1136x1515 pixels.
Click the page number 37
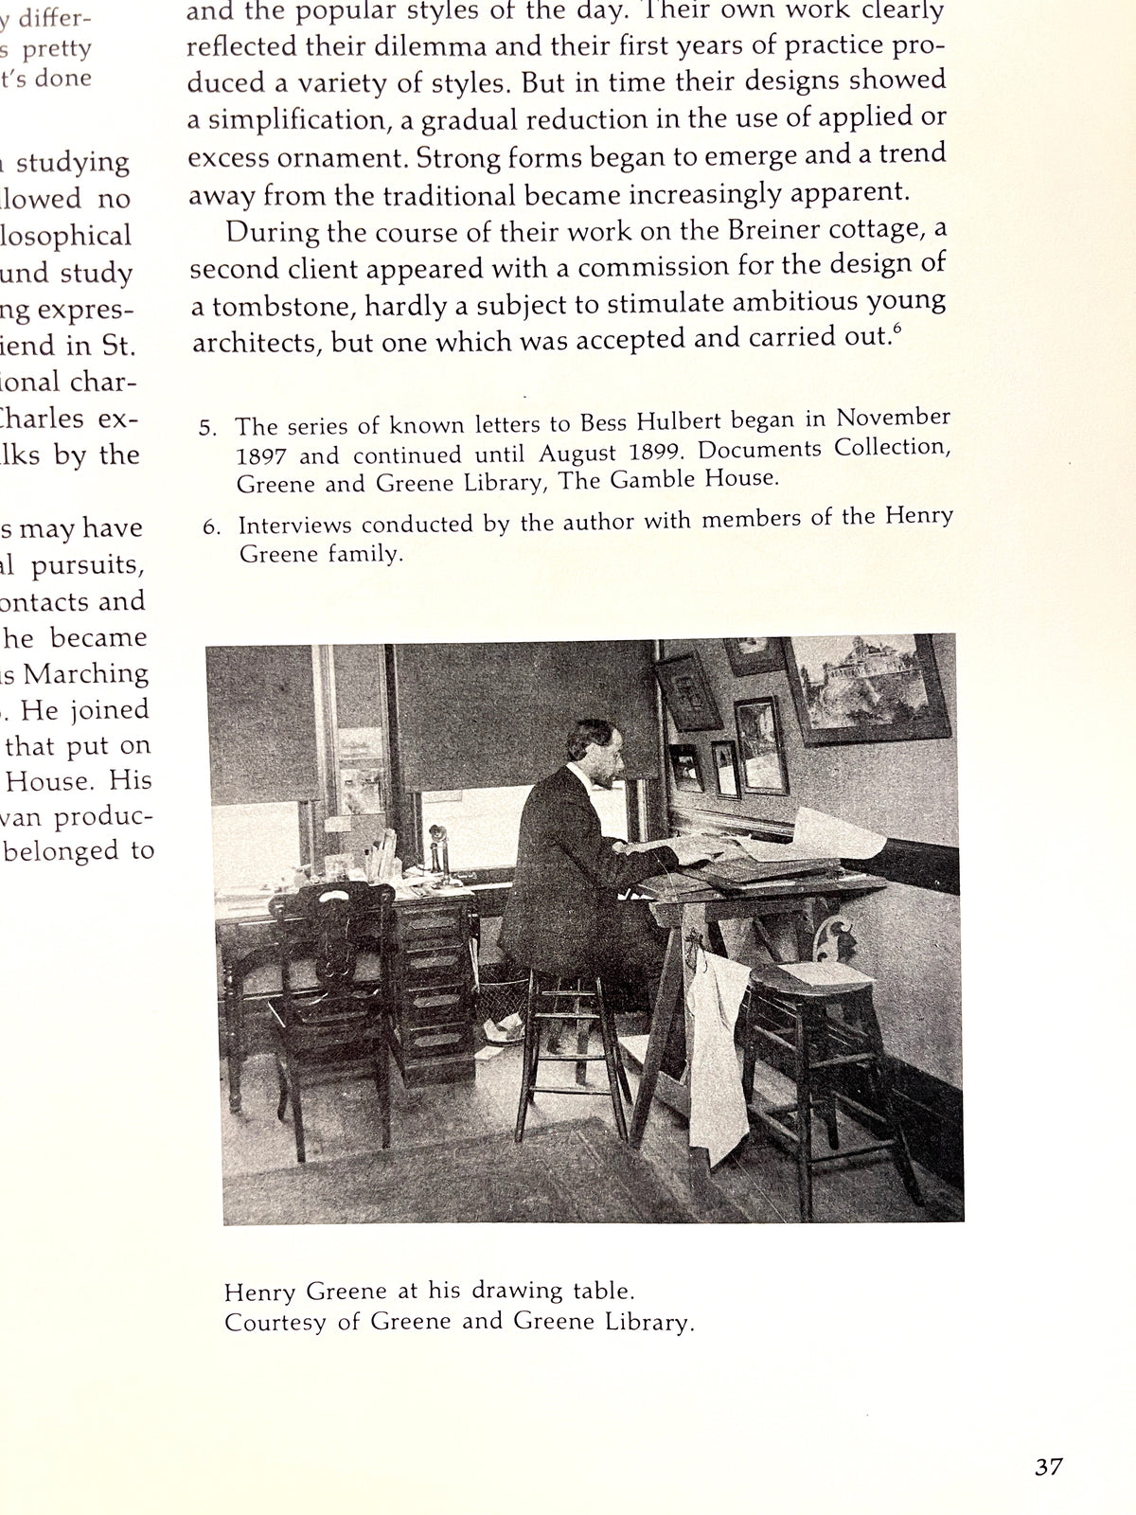pos(1048,1467)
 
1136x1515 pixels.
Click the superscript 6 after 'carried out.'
pos(896,329)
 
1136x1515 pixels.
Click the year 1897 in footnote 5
pos(260,456)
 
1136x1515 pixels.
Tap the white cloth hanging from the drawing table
pos(717,1051)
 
